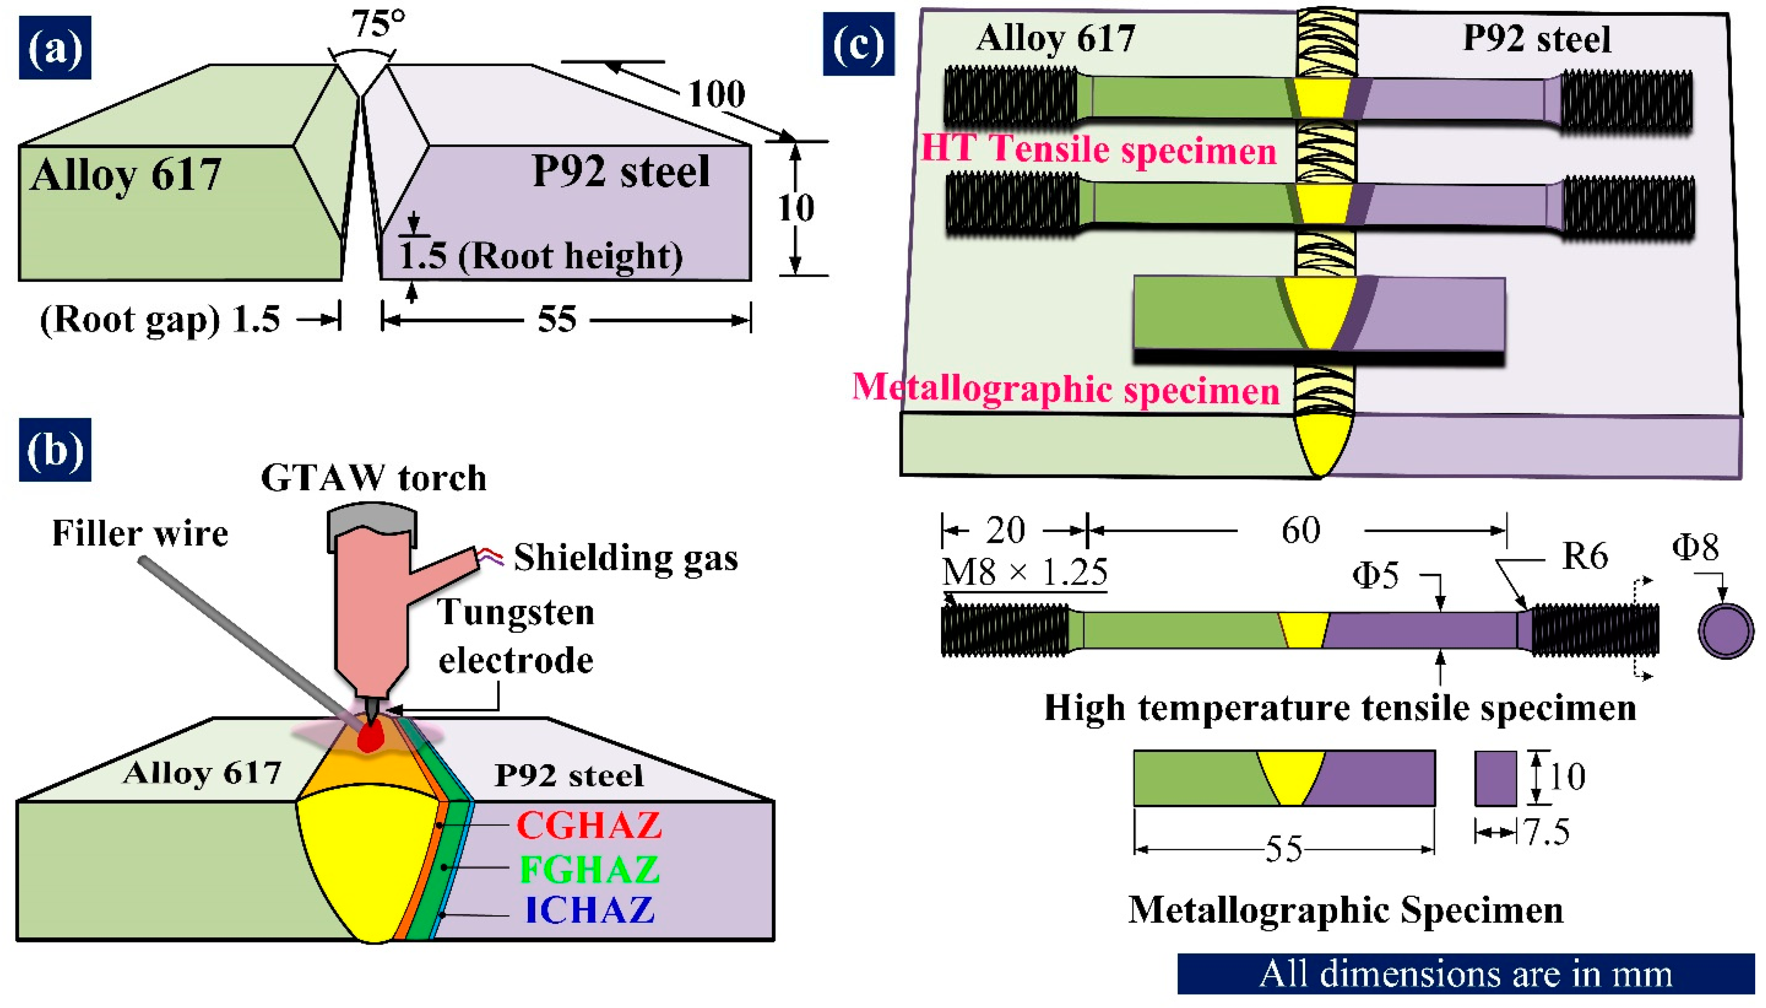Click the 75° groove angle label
pyautogui.click(x=377, y=24)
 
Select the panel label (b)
pyautogui.click(x=55, y=450)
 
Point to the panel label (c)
pyautogui.click(x=858, y=45)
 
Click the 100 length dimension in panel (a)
pyautogui.click(x=716, y=94)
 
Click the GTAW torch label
pyautogui.click(x=374, y=478)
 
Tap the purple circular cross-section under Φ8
pyautogui.click(x=1726, y=631)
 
